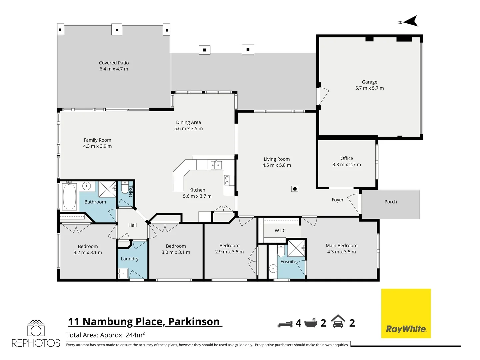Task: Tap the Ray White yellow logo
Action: [406, 313]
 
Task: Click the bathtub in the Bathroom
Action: [69, 196]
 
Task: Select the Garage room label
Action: [369, 82]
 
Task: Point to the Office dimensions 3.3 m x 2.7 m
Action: [346, 165]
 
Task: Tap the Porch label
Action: [390, 202]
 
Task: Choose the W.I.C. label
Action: [280, 231]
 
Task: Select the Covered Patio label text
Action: [114, 63]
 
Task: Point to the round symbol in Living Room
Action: [294, 189]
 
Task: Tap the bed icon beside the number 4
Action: [285, 324]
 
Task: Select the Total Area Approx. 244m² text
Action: [105, 335]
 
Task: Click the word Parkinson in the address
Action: [194, 322]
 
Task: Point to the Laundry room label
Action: [129, 259]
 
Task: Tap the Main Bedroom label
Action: [341, 246]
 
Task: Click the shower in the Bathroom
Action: [107, 189]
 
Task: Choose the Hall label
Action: [132, 225]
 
